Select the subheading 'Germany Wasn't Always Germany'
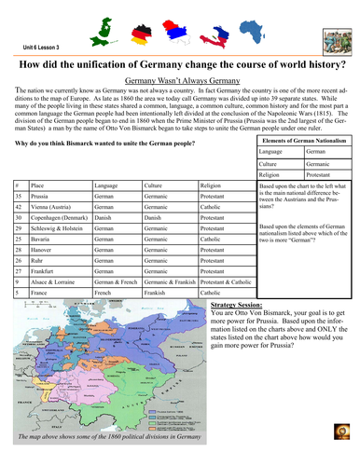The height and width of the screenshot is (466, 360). click(180, 81)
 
